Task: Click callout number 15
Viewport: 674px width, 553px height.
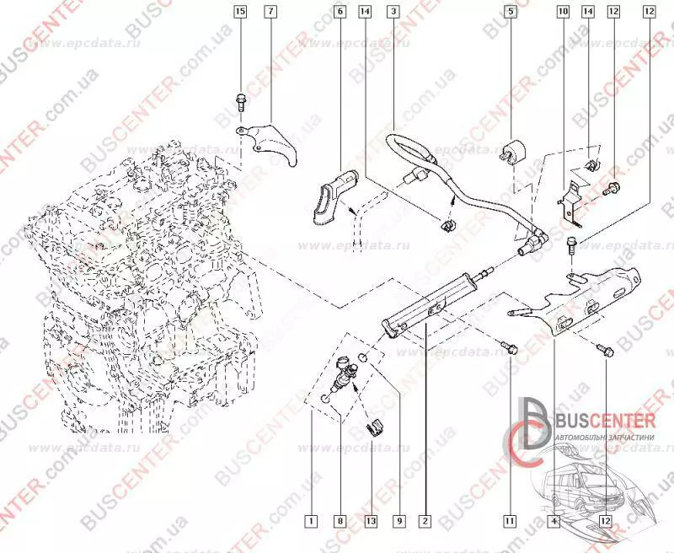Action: [x=240, y=13]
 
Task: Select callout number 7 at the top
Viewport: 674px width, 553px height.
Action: [x=270, y=13]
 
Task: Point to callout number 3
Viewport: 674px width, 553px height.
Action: [x=393, y=13]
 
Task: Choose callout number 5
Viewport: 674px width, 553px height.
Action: [x=511, y=13]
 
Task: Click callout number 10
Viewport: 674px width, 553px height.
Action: [x=563, y=13]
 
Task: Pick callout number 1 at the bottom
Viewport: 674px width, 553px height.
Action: [x=312, y=520]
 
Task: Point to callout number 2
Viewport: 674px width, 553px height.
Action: [x=425, y=520]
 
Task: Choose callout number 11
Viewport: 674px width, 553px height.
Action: [x=509, y=520]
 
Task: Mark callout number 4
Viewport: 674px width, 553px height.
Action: [x=554, y=520]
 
